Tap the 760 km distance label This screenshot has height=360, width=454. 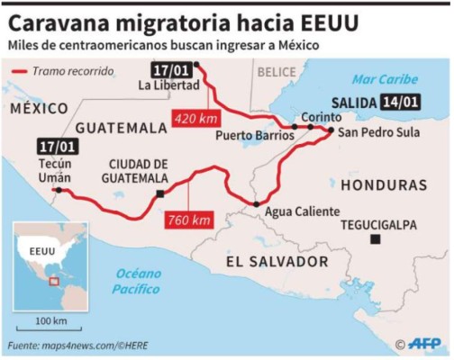pyautogui.click(x=188, y=220)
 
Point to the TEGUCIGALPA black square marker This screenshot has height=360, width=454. pyautogui.click(x=375, y=239)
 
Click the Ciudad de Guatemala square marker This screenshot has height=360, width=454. pyautogui.click(x=159, y=193)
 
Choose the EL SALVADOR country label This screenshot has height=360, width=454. pyautogui.click(x=277, y=261)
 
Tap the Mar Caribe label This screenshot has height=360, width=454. pyautogui.click(x=386, y=79)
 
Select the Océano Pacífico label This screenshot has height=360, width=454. pyautogui.click(x=136, y=282)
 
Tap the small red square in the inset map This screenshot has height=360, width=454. pyautogui.click(x=53, y=280)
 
